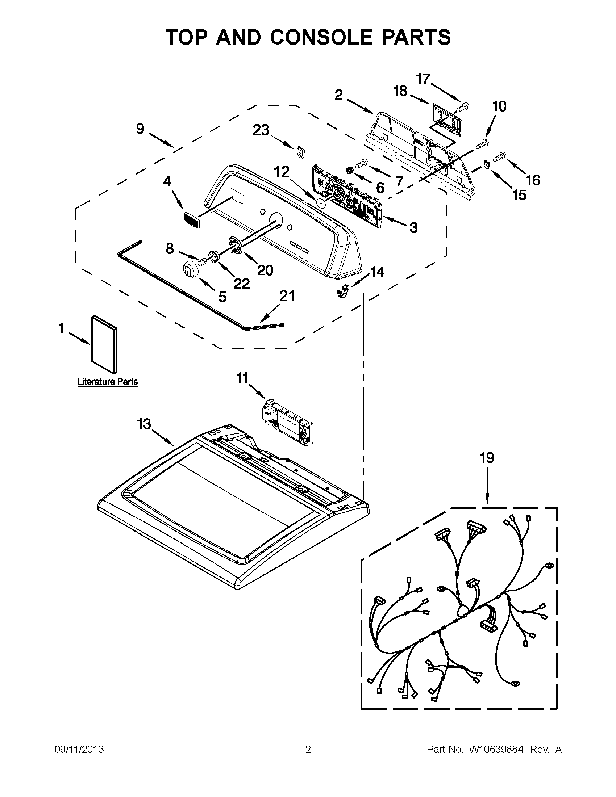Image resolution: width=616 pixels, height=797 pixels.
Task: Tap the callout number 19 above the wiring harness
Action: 487,457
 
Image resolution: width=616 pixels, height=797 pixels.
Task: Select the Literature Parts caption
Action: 107,382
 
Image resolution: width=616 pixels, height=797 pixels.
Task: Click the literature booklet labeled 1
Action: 104,344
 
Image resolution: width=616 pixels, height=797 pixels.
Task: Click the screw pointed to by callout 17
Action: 462,107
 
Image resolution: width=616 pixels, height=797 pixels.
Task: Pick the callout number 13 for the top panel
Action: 144,424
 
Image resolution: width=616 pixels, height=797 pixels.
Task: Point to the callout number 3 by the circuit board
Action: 413,228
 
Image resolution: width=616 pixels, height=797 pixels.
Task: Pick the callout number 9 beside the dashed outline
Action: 140,129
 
